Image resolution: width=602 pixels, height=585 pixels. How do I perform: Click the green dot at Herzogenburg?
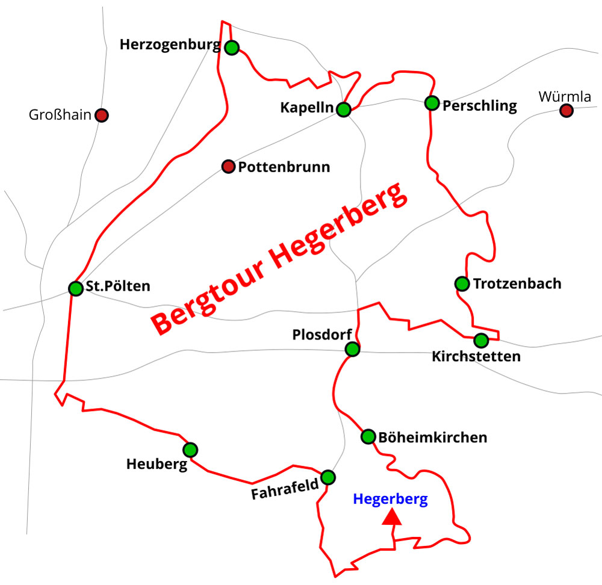click(x=232, y=48)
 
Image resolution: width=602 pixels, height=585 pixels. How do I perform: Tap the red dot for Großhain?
click(x=102, y=115)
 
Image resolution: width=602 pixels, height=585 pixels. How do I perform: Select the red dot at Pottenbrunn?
click(x=228, y=167)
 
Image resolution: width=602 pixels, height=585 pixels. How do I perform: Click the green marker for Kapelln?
click(x=343, y=110)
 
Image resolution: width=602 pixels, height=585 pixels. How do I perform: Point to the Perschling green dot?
click(x=432, y=103)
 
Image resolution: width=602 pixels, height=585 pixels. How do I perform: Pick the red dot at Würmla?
click(x=566, y=110)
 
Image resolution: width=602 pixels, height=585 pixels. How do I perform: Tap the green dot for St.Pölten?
click(x=75, y=288)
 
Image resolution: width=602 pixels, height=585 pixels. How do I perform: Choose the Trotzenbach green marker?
click(x=462, y=283)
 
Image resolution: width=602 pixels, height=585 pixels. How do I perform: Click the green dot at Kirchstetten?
click(x=480, y=341)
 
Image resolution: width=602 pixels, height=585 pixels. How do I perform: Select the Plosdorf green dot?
click(x=352, y=349)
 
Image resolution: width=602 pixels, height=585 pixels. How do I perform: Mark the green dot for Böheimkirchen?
click(x=368, y=437)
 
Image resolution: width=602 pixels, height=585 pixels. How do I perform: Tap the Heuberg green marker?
click(x=190, y=450)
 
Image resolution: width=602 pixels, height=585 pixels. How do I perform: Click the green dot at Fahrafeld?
click(x=328, y=477)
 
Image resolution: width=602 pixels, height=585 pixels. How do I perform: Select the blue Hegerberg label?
click(x=390, y=499)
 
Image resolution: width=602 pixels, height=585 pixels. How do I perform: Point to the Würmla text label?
click(x=565, y=96)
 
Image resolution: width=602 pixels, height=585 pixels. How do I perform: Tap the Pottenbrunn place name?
click(x=284, y=167)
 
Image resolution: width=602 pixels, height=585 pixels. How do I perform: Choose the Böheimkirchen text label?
click(x=432, y=437)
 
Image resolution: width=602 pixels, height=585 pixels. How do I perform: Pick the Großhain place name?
click(x=60, y=115)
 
